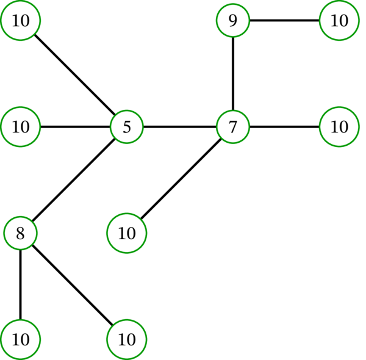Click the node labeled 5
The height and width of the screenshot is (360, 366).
tap(127, 128)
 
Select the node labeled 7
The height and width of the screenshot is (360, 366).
tap(233, 128)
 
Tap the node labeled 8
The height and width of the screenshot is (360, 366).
tap(20, 233)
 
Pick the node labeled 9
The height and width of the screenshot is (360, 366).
tap(233, 21)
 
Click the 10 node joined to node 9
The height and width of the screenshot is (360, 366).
tap(339, 21)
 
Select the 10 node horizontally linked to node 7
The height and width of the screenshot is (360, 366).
tap(339, 128)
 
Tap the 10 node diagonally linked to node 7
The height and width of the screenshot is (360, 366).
tap(127, 233)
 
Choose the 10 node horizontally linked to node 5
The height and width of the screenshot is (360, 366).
tap(20, 128)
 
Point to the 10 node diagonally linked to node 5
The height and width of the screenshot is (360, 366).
tap(20, 21)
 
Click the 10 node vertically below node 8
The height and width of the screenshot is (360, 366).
tap(20, 339)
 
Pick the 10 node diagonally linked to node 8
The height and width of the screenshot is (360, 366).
tap(127, 339)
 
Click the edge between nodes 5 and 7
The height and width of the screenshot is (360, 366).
tap(180, 128)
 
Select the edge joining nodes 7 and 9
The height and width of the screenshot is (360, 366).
tap(233, 74)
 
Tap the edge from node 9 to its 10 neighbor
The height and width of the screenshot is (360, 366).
tap(285, 21)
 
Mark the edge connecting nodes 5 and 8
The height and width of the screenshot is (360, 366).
tap(74, 180)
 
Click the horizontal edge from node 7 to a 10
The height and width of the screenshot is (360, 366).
tap(285, 128)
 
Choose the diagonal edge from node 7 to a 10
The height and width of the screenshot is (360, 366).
tap(180, 180)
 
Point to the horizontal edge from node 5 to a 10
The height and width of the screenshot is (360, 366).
tap(74, 128)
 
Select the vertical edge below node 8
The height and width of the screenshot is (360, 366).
tap(20, 286)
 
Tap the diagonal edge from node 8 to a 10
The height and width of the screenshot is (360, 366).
tap(74, 286)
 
